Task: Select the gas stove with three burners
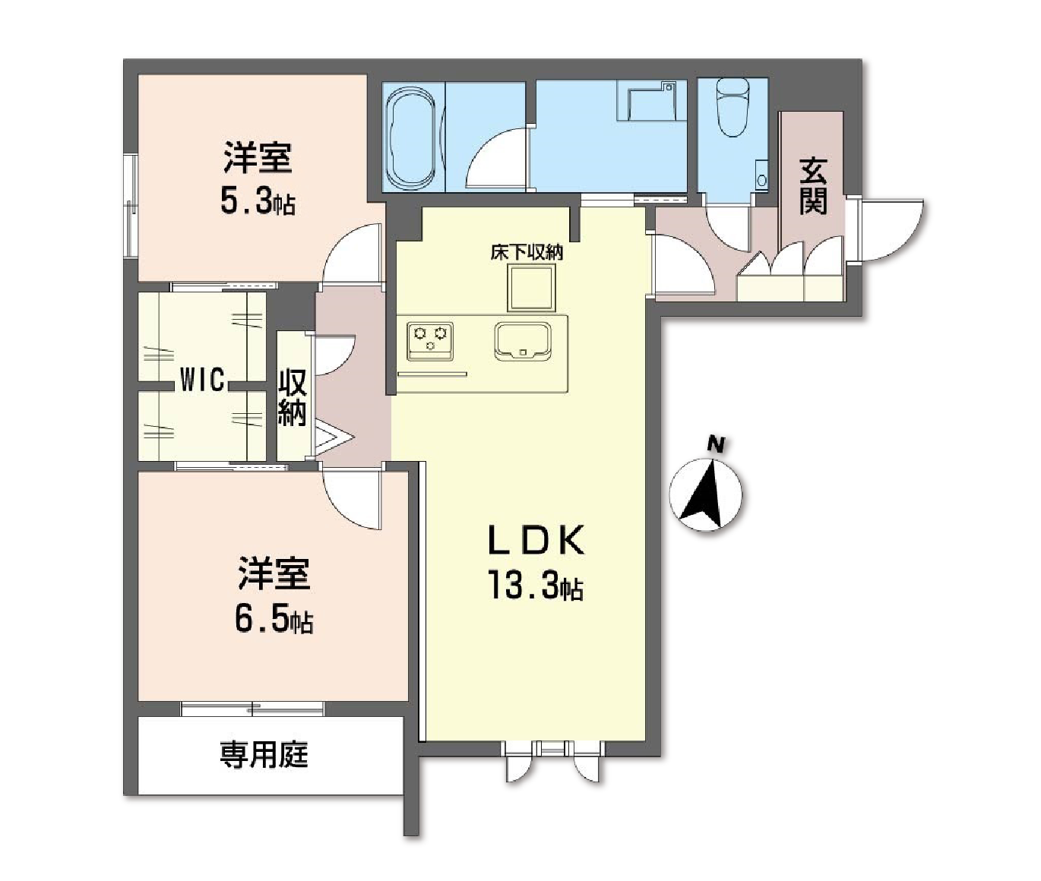(x=430, y=340)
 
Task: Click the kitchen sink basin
(x=523, y=340)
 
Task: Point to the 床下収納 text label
(x=527, y=251)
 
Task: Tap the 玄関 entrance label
(x=812, y=186)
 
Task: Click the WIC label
(x=201, y=380)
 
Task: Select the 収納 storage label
(x=293, y=396)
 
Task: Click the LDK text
(x=536, y=541)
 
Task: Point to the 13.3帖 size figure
(x=536, y=586)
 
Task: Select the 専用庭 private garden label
(x=264, y=755)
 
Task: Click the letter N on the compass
(x=715, y=442)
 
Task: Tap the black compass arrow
(x=705, y=495)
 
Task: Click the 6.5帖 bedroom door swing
(x=352, y=497)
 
